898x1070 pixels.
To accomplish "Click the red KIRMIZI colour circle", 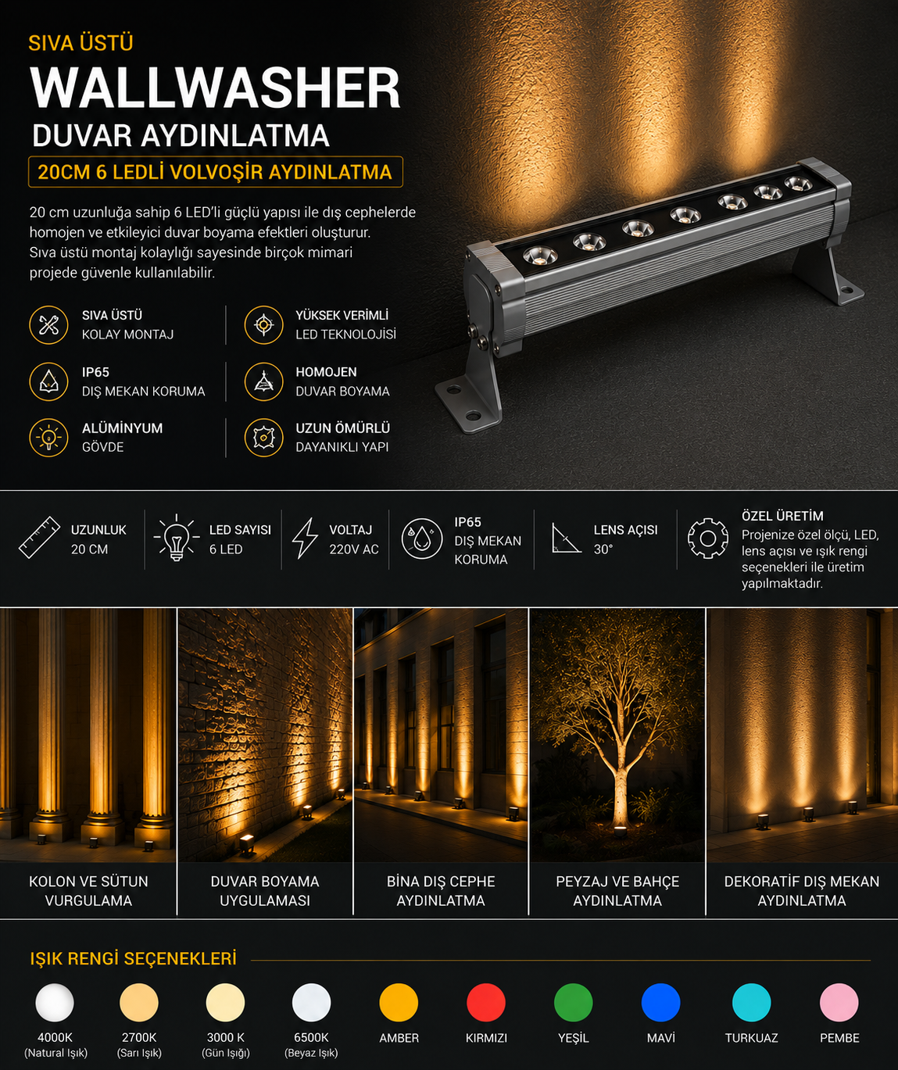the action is click(x=486, y=1002).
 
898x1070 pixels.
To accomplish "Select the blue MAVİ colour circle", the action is click(x=660, y=1002).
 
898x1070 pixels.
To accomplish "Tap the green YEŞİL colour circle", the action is click(x=573, y=1002).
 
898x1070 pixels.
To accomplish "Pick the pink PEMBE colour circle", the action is click(x=839, y=1002).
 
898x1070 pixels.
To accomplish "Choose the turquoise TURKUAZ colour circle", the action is click(x=751, y=1002).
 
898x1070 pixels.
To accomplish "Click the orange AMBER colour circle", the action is click(x=399, y=1002).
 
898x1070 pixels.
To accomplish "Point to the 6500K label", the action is click(x=311, y=1038).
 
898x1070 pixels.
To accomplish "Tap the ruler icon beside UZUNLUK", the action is click(x=39, y=537).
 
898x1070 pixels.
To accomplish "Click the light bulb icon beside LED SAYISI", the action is click(x=177, y=538).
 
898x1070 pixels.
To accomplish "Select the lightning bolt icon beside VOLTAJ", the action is click(x=305, y=538).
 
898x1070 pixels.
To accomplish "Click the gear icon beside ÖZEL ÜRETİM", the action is click(x=708, y=538).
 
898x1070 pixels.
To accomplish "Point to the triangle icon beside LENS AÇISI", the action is click(x=566, y=538).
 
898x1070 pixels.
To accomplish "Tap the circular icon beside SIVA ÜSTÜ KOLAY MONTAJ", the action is click(x=48, y=325).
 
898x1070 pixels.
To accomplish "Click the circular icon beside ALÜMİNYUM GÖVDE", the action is click(x=48, y=438).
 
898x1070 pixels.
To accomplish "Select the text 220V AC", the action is click(x=354, y=549).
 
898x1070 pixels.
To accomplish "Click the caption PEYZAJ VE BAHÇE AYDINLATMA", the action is click(x=617, y=891).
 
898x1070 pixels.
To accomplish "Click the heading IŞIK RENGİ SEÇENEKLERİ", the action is click(x=134, y=959).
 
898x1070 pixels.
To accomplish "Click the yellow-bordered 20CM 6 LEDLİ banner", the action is click(x=215, y=172).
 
